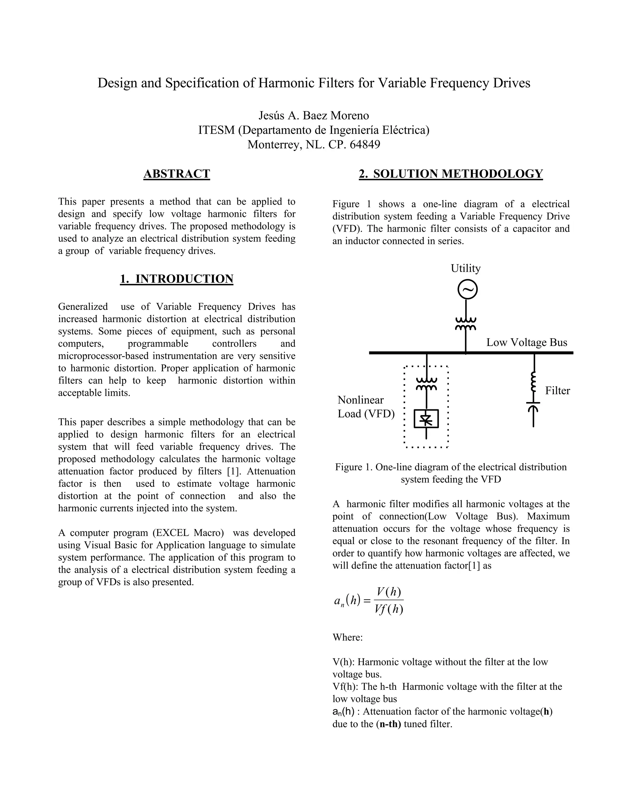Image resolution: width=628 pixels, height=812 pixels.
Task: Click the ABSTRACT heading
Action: pos(177,174)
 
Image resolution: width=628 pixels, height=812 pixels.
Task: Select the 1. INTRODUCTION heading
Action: pos(177,279)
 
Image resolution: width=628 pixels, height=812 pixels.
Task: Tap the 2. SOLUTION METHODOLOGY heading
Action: pos(450,174)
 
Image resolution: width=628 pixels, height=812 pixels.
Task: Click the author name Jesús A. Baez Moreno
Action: pos(314,116)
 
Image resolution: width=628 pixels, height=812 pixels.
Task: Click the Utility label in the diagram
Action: pos(465,268)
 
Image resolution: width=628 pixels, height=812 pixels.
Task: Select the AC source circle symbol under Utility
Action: pos(467,290)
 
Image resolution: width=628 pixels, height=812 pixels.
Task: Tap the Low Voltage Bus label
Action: pos(527,343)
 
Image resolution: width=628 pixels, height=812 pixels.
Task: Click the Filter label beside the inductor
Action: pos(557,390)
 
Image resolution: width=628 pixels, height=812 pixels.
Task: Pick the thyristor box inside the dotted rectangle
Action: pos(426,419)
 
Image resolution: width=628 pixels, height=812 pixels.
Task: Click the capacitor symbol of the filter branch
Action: pos(533,406)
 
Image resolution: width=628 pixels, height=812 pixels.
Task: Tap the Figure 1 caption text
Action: pos(450,473)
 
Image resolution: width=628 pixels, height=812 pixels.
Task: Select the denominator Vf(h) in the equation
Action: pos(389,609)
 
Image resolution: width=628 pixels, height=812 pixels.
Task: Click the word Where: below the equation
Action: pos(347,637)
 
